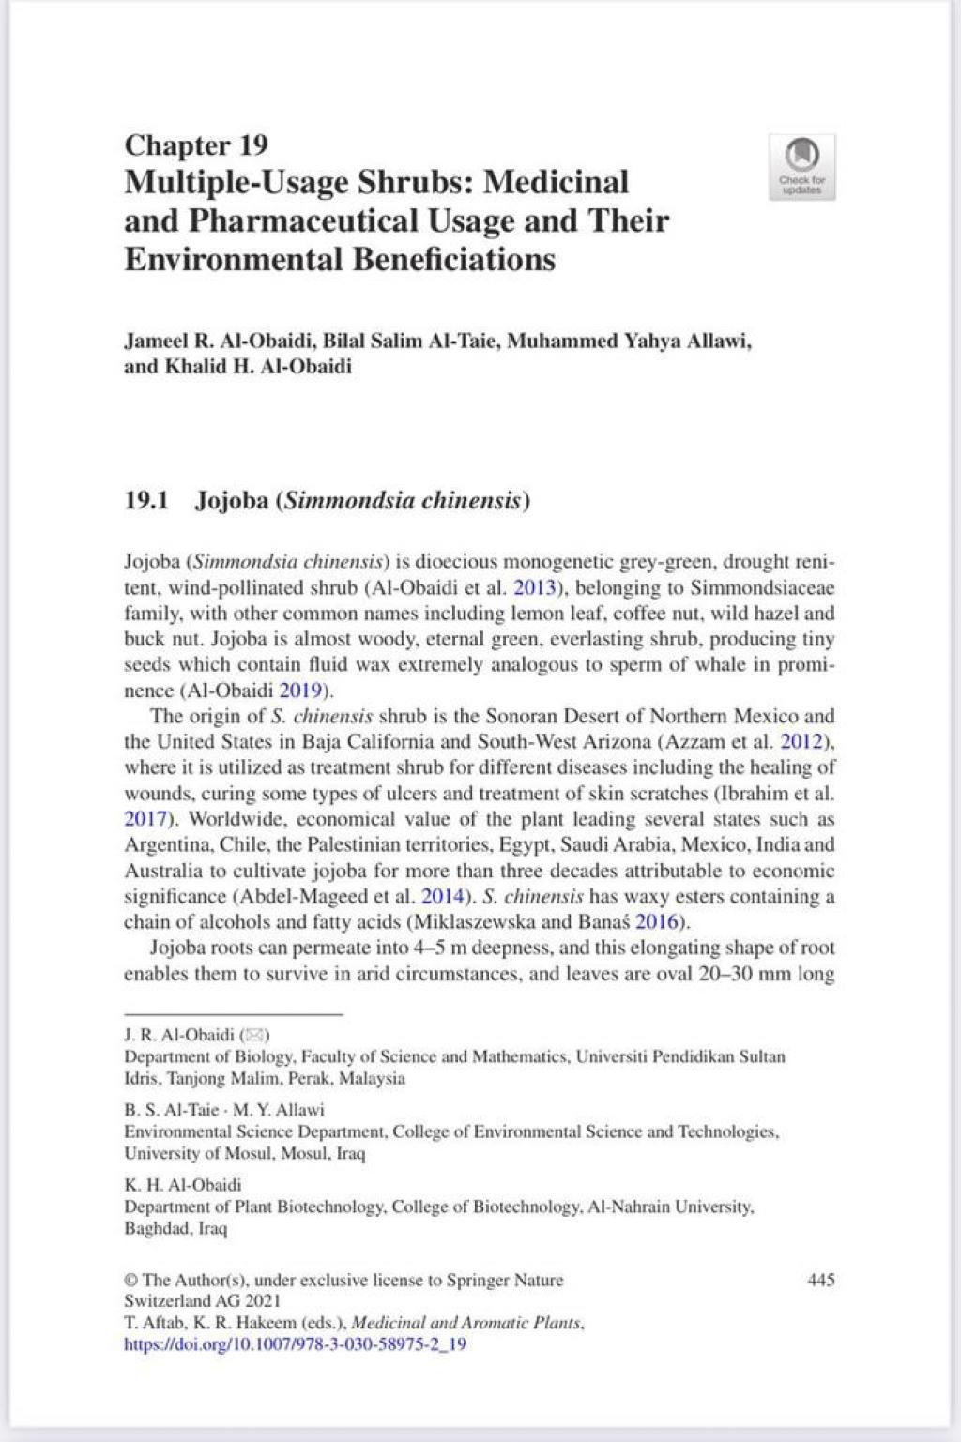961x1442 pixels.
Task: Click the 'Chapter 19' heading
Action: click(196, 145)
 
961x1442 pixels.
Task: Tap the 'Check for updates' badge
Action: click(801, 167)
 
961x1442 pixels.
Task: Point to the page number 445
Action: click(820, 1280)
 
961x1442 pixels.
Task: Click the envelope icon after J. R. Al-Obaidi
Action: click(255, 1036)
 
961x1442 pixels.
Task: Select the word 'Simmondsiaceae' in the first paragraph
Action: click(762, 588)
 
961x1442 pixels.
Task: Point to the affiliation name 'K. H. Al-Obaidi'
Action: click(182, 1184)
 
